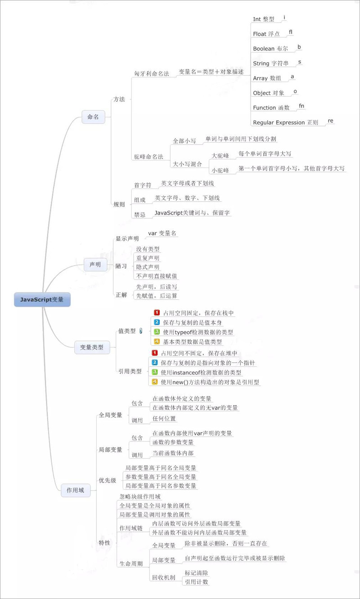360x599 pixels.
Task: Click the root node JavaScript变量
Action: [42, 300]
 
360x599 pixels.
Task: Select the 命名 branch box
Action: [93, 117]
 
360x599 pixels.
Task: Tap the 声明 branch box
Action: [95, 265]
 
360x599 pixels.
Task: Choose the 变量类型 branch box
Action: [92, 347]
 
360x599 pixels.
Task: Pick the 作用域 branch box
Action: [75, 491]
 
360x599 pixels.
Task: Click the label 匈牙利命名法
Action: [151, 73]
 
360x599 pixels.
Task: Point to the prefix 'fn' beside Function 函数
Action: [301, 106]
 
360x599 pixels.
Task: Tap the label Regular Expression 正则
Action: [285, 122]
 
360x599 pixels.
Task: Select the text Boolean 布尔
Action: [270, 49]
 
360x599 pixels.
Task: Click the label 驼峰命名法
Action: [148, 157]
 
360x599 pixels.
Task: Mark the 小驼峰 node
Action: [220, 171]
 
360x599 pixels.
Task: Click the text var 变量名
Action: [163, 234]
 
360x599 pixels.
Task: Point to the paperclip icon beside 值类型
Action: [141, 331]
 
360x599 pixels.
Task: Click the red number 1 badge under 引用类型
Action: [155, 353]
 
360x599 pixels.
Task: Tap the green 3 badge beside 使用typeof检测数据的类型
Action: [157, 332]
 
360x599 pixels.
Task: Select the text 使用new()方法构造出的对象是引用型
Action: [210, 382]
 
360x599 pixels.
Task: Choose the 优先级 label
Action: [108, 481]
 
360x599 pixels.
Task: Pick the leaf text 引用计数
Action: [197, 582]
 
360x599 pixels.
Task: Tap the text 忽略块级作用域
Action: [140, 497]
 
